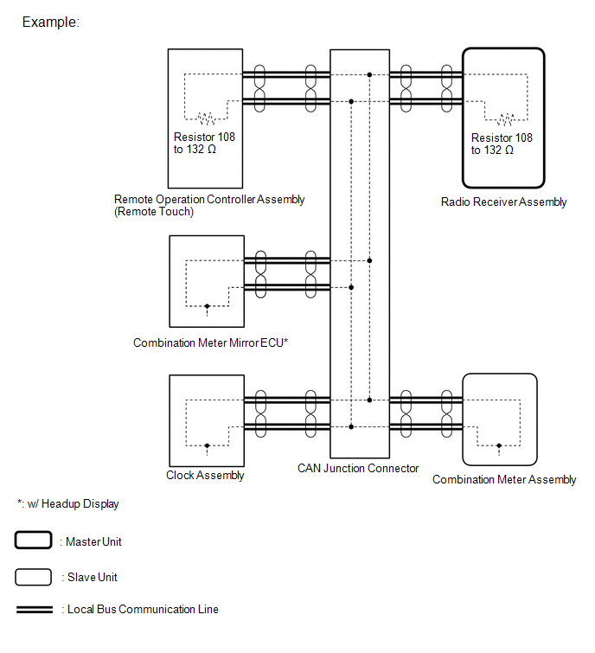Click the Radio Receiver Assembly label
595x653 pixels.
503,202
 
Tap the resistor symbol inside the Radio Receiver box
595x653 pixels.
503,118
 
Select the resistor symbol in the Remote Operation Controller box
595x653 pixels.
207,118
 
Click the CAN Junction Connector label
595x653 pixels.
358,469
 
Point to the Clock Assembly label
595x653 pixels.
205,476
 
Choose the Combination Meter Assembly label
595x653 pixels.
504,480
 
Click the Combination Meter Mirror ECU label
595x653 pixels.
210,343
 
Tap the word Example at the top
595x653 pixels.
50,22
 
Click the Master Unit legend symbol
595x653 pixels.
34,541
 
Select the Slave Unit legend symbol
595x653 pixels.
34,577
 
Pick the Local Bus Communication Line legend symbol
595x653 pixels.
34,610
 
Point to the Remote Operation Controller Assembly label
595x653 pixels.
209,200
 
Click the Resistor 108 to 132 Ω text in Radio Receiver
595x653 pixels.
502,144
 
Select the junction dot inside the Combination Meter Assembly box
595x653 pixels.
499,445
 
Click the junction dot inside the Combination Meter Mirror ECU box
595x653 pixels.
207,305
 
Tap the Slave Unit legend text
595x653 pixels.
91,577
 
